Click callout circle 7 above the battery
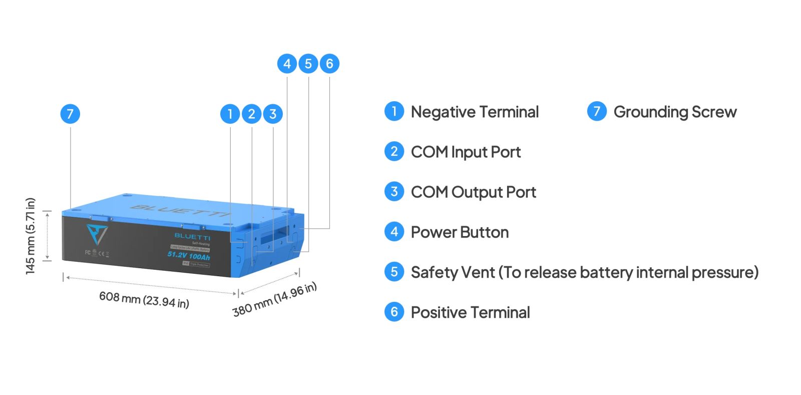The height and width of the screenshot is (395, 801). (x=70, y=114)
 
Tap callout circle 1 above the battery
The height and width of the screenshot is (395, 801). (x=230, y=114)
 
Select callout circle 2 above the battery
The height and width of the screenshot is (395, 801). (x=252, y=114)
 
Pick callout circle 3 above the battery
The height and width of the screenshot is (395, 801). (x=273, y=114)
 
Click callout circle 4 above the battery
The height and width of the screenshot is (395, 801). (x=287, y=64)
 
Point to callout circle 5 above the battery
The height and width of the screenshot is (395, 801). (x=308, y=64)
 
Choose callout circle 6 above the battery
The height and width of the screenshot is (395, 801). (x=329, y=64)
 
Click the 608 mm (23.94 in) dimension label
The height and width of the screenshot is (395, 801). (x=144, y=299)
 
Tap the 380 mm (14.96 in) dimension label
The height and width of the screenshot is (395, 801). (x=274, y=299)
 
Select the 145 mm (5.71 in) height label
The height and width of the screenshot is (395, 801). (x=31, y=236)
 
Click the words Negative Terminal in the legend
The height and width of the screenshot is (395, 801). (x=475, y=112)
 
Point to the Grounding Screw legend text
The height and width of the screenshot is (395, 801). (x=675, y=112)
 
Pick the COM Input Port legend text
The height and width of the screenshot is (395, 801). (x=466, y=152)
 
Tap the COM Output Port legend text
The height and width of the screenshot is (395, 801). (x=473, y=192)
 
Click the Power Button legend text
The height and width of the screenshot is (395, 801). (x=460, y=232)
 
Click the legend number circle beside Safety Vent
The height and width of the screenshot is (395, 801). (x=394, y=272)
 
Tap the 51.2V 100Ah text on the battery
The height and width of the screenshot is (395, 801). (x=189, y=256)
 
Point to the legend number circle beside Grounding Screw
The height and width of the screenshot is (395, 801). (x=597, y=111)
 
